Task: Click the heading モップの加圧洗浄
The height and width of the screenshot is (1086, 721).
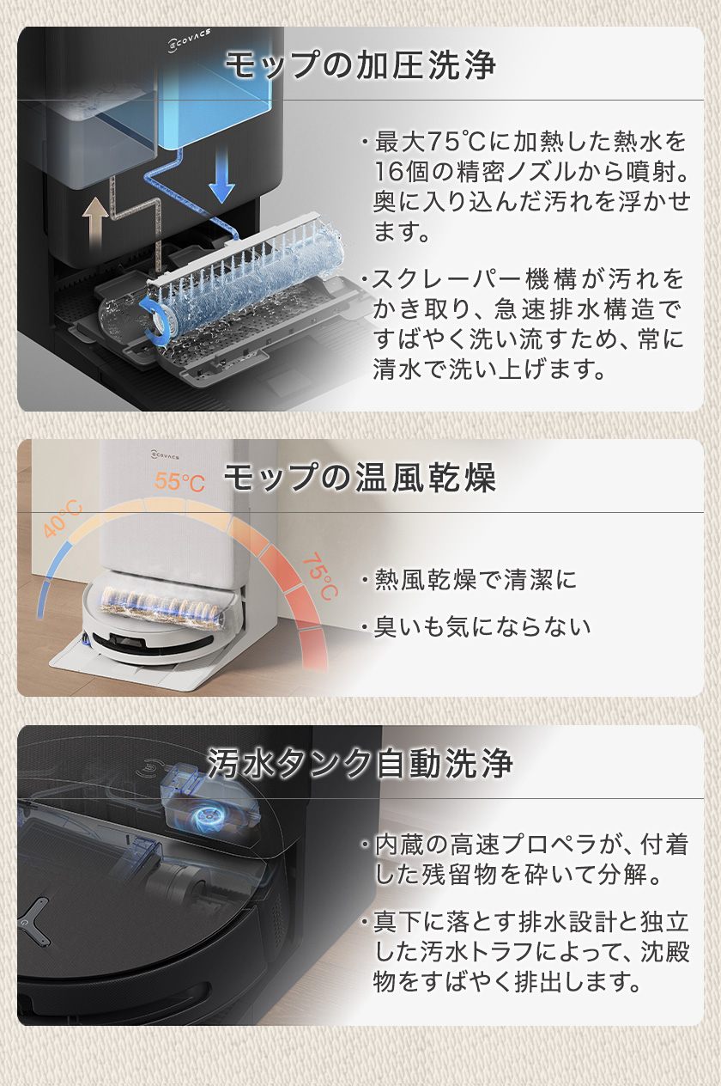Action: (360, 65)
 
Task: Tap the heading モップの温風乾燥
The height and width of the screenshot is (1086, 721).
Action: (360, 477)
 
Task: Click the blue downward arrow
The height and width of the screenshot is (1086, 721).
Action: (221, 174)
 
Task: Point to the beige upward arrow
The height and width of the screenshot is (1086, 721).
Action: (95, 223)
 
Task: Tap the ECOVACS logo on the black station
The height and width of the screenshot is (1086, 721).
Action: (190, 40)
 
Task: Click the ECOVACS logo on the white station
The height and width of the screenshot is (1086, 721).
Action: (165, 455)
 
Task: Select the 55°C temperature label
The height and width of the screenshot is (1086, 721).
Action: (179, 481)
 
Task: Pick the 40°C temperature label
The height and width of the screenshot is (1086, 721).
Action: (63, 519)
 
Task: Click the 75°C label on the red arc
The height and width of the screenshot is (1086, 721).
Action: (320, 577)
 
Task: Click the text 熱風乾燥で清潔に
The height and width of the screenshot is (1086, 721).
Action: (476, 579)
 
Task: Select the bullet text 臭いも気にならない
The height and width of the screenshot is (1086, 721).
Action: (482, 626)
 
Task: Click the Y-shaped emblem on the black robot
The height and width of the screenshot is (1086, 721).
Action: (35, 918)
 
